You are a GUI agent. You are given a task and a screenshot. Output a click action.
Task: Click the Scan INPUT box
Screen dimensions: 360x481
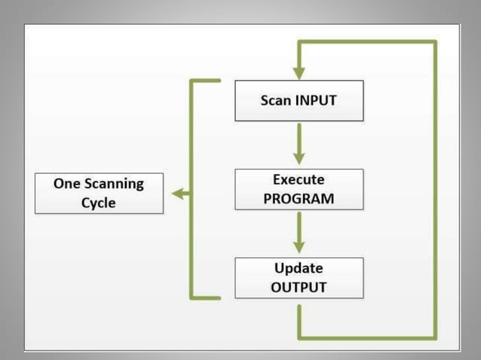pos(299,100)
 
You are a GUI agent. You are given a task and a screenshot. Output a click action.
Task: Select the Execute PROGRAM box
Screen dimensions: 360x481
pos(299,189)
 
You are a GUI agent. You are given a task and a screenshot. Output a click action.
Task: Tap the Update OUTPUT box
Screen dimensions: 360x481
pos(299,277)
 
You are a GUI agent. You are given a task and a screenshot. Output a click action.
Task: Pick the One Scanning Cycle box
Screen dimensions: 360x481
pos(99,193)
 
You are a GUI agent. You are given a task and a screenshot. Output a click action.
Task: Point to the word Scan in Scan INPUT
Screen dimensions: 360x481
pos(275,100)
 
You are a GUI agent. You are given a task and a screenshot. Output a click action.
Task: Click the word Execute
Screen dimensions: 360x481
pos(299,180)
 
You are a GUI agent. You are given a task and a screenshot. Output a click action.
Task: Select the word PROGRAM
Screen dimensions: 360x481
pos(299,198)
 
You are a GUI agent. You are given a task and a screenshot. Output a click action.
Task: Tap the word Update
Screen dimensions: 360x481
pos(299,268)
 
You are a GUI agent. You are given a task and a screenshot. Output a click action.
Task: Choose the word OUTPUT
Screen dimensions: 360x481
pos(299,287)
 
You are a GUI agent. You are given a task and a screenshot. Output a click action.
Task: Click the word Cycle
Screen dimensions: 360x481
pos(99,203)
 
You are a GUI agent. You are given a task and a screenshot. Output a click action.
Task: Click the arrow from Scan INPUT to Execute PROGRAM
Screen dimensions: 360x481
pos(299,143)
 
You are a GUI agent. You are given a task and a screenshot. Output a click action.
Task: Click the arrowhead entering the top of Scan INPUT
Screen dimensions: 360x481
pos(299,73)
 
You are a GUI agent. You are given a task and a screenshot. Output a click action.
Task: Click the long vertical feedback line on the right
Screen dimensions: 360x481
pos(435,188)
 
